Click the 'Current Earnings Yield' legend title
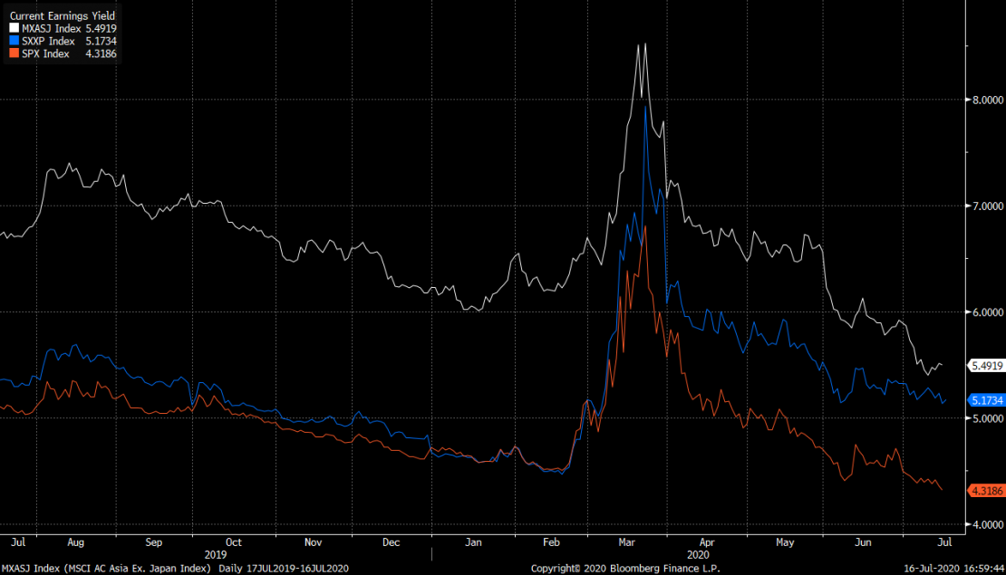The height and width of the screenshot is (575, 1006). (63, 16)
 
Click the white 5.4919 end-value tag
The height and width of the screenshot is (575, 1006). (986, 366)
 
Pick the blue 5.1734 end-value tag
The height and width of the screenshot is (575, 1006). (986, 400)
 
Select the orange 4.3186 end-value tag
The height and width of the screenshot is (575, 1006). (986, 490)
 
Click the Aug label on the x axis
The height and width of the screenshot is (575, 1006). (75, 542)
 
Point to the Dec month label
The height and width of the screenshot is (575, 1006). (392, 542)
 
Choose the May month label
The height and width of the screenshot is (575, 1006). (785, 542)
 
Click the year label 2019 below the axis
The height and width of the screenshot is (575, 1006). (216, 554)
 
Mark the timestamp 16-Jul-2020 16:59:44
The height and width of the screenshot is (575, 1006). (951, 568)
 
